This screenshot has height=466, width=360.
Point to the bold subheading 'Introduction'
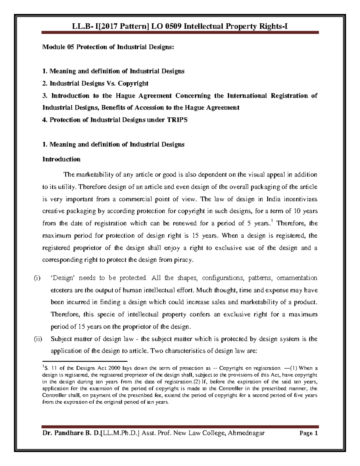61,159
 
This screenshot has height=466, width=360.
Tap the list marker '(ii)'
38,339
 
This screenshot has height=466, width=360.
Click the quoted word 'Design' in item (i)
62,278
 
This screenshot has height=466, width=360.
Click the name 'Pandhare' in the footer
67,433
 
